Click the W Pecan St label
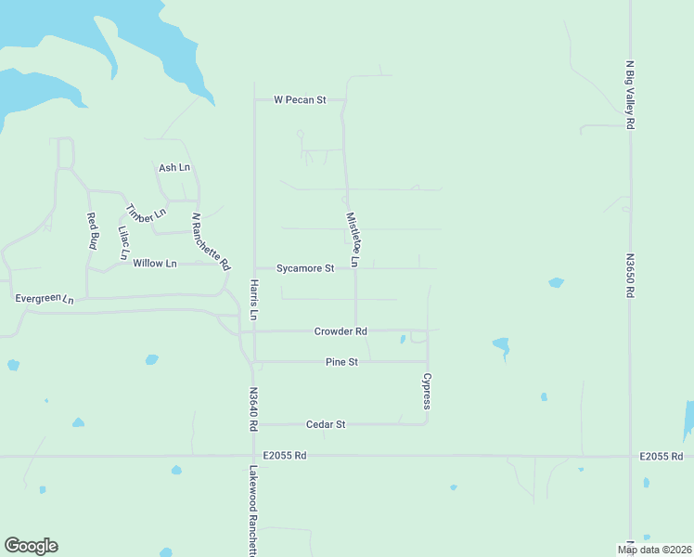click(300, 99)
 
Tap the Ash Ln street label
click(174, 168)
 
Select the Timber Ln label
click(146, 213)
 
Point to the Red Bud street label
click(93, 231)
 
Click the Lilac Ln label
click(124, 242)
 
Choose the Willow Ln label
click(154, 264)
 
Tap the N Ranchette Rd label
click(211, 241)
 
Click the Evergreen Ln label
click(44, 299)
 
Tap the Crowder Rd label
click(341, 331)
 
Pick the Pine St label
click(341, 362)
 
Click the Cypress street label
click(427, 392)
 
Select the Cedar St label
click(326, 424)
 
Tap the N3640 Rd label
click(252, 409)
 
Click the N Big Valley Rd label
click(630, 94)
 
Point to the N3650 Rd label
click(630, 276)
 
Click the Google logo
click(31, 546)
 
